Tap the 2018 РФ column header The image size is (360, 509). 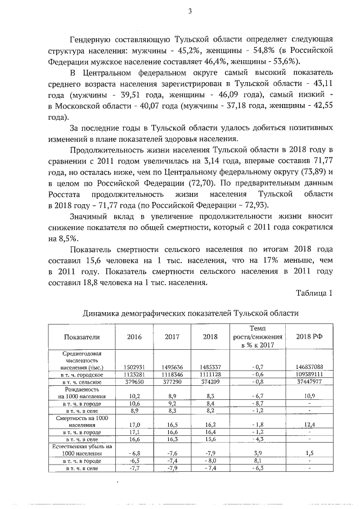pyautogui.click(x=309, y=336)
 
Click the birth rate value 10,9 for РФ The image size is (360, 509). pyautogui.click(x=309, y=396)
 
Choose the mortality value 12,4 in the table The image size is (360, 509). pyautogui.click(x=309, y=425)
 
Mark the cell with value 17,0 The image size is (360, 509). pyautogui.click(x=134, y=425)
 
